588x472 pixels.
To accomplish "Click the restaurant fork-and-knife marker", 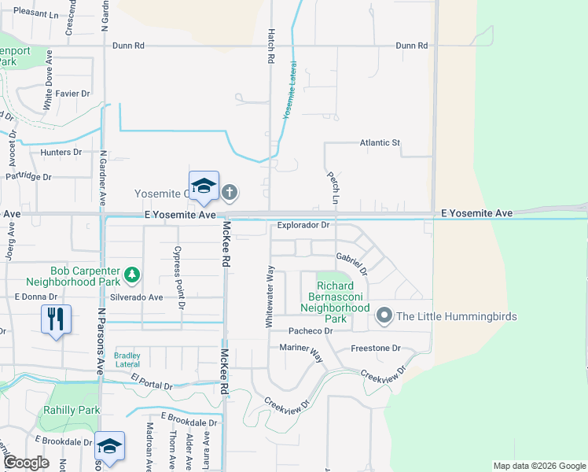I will click(56, 319).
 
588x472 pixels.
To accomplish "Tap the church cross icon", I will click(230, 191).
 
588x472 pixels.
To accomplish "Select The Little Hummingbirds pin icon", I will click(384, 316).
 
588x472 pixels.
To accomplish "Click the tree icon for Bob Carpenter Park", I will click(133, 274).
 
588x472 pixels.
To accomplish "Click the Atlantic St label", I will click(380, 142).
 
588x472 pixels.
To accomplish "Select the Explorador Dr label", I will click(303, 225).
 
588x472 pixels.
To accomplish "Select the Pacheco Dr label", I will click(311, 331).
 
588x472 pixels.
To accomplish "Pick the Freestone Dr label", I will click(375, 348).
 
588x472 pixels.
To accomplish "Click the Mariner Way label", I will click(301, 352).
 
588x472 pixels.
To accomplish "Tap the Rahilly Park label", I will click(72, 410).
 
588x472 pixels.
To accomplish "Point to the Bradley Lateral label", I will click(127, 360).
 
